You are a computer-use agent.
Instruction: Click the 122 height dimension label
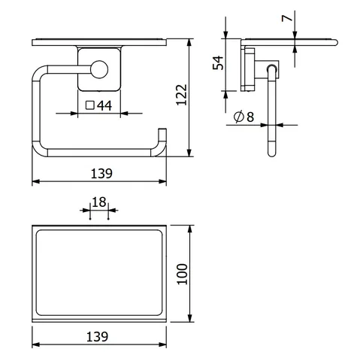coord(182,95)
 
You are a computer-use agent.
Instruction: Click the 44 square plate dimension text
coord(104,106)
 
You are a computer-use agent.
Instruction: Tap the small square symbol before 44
coord(90,105)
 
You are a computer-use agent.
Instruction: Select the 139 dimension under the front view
coord(101,174)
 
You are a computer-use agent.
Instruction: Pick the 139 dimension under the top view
coord(97,337)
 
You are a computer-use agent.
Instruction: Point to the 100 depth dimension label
coord(182,274)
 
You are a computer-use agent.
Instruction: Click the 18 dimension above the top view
coord(99,202)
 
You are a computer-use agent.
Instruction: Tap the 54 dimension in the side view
coord(218,62)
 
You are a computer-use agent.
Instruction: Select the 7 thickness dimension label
coord(287,18)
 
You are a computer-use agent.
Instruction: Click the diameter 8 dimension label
coord(244,117)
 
